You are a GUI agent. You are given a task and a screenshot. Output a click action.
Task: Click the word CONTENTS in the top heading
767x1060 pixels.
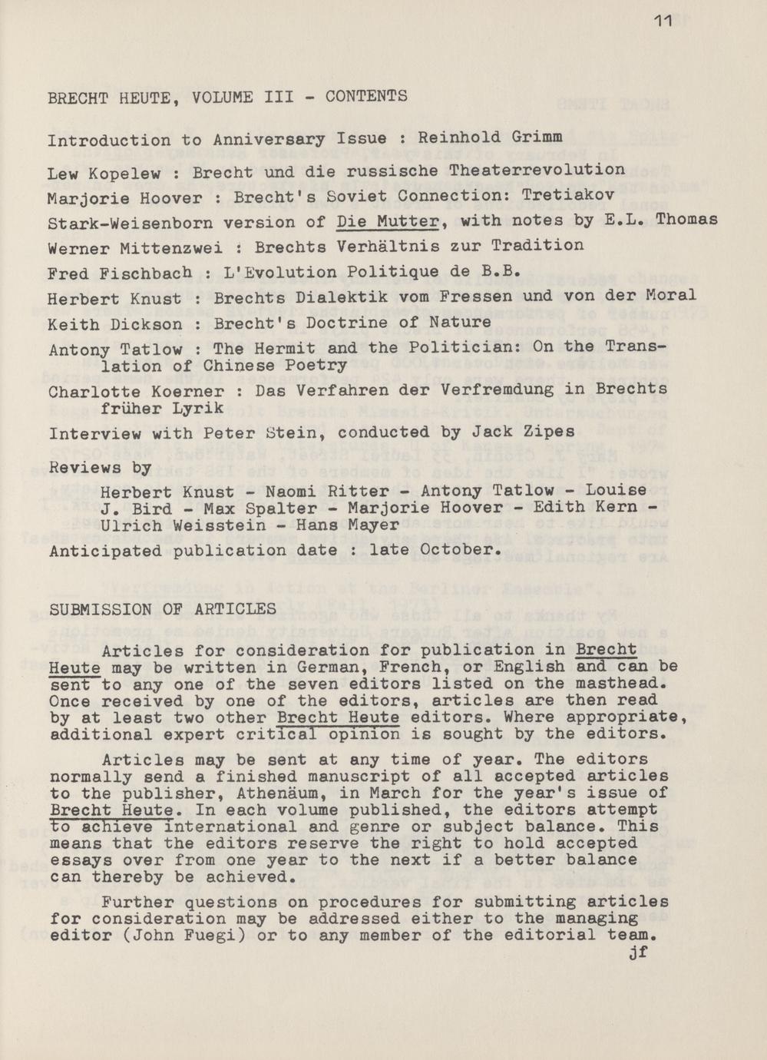coord(366,97)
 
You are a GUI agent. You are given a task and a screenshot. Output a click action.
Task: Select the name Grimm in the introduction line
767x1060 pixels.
coord(535,137)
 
